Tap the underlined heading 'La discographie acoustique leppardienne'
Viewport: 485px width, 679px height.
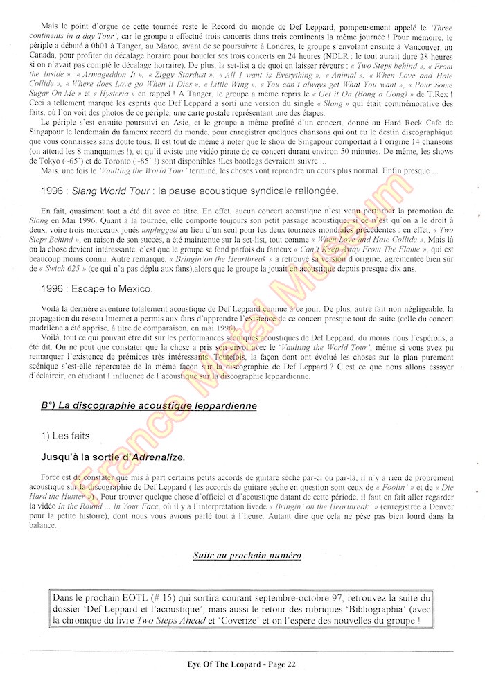point(148,405)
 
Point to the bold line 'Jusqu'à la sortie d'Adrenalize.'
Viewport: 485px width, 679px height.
point(113,457)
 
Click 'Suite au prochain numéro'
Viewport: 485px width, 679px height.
point(247,556)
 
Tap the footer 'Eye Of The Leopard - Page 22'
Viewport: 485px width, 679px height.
point(242,664)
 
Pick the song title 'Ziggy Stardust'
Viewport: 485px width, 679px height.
point(180,74)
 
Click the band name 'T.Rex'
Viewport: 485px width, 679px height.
point(439,94)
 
